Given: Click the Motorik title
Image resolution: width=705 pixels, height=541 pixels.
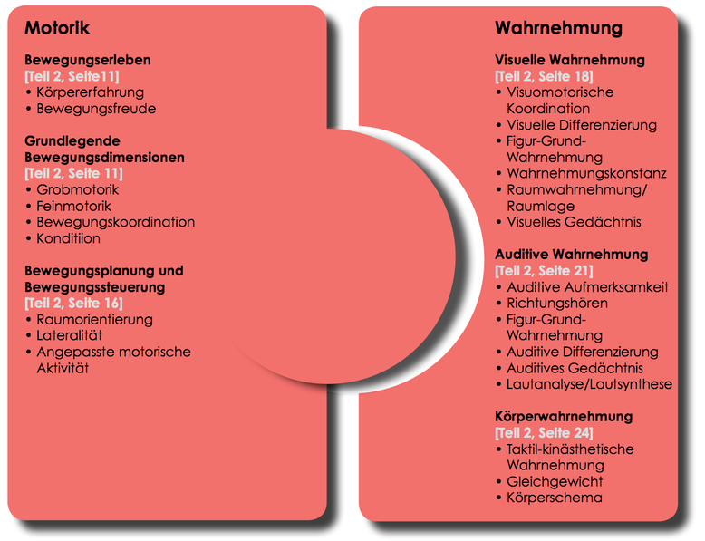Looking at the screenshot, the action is (x=57, y=28).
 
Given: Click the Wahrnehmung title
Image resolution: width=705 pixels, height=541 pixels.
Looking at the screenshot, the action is (x=558, y=28).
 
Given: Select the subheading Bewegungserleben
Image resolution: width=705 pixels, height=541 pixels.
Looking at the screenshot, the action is (x=88, y=60).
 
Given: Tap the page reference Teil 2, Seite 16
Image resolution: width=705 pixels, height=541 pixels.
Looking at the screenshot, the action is (x=73, y=303).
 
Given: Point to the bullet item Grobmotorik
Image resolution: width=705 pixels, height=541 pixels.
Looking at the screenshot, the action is (x=77, y=189).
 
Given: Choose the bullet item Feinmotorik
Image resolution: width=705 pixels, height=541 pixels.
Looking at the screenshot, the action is (x=73, y=206).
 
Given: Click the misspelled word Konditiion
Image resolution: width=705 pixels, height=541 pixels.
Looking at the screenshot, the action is (x=68, y=238).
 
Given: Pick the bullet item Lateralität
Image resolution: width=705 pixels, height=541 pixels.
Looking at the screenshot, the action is (x=69, y=335).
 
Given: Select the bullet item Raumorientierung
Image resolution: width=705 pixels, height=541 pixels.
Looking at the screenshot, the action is (x=94, y=320).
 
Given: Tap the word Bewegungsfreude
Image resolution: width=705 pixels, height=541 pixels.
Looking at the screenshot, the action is (x=96, y=109).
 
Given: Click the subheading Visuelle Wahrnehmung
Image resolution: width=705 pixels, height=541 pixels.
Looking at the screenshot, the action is (x=570, y=60).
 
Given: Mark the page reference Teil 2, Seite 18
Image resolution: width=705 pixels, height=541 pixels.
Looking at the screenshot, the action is (x=544, y=76).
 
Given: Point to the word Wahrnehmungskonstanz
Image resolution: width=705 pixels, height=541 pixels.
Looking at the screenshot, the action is (x=586, y=174).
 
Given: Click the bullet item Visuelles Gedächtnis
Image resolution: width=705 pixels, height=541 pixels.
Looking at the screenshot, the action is (x=574, y=222).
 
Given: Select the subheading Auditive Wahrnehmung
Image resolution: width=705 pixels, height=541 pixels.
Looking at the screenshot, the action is (x=572, y=255).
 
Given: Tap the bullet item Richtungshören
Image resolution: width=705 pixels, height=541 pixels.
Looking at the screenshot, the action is (x=557, y=303).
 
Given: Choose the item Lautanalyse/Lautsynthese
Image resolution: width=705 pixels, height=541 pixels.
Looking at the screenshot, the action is (x=589, y=384).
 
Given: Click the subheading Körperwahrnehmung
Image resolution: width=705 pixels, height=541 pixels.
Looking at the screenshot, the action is (x=564, y=417).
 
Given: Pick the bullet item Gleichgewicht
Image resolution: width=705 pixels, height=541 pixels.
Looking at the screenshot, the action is (x=555, y=481).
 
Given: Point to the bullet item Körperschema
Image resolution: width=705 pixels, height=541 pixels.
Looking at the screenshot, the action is (x=555, y=498).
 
